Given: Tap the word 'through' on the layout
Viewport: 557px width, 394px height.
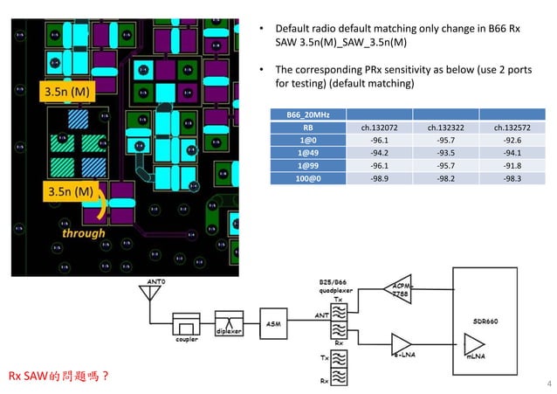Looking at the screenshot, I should click(x=83, y=232).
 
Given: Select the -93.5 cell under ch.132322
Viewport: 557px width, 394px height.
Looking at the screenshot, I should click(x=446, y=152).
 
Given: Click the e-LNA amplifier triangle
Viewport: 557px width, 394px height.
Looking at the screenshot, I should click(x=402, y=344).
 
